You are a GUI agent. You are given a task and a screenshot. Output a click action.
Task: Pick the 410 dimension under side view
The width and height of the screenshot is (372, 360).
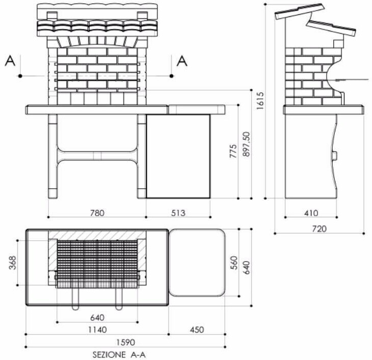pyautogui.click(x=311, y=213)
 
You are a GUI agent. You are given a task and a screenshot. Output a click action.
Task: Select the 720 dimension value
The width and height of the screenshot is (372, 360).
pyautogui.click(x=318, y=229)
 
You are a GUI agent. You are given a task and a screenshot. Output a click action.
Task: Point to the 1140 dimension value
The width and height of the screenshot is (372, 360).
pyautogui.click(x=96, y=330)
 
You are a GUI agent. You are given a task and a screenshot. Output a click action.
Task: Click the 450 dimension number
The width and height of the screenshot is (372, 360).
pyautogui.click(x=196, y=330)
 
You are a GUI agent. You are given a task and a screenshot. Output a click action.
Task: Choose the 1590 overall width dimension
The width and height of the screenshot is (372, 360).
pyautogui.click(x=125, y=343)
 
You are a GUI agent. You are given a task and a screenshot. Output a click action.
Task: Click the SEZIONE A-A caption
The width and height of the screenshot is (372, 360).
pyautogui.click(x=122, y=353)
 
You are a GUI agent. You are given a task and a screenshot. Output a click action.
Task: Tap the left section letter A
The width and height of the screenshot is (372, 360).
pyautogui.click(x=10, y=61)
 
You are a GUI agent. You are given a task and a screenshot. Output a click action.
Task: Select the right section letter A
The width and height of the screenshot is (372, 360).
pyautogui.click(x=182, y=61)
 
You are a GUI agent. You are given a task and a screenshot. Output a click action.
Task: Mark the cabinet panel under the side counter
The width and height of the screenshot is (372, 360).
pyautogui.click(x=178, y=156)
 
